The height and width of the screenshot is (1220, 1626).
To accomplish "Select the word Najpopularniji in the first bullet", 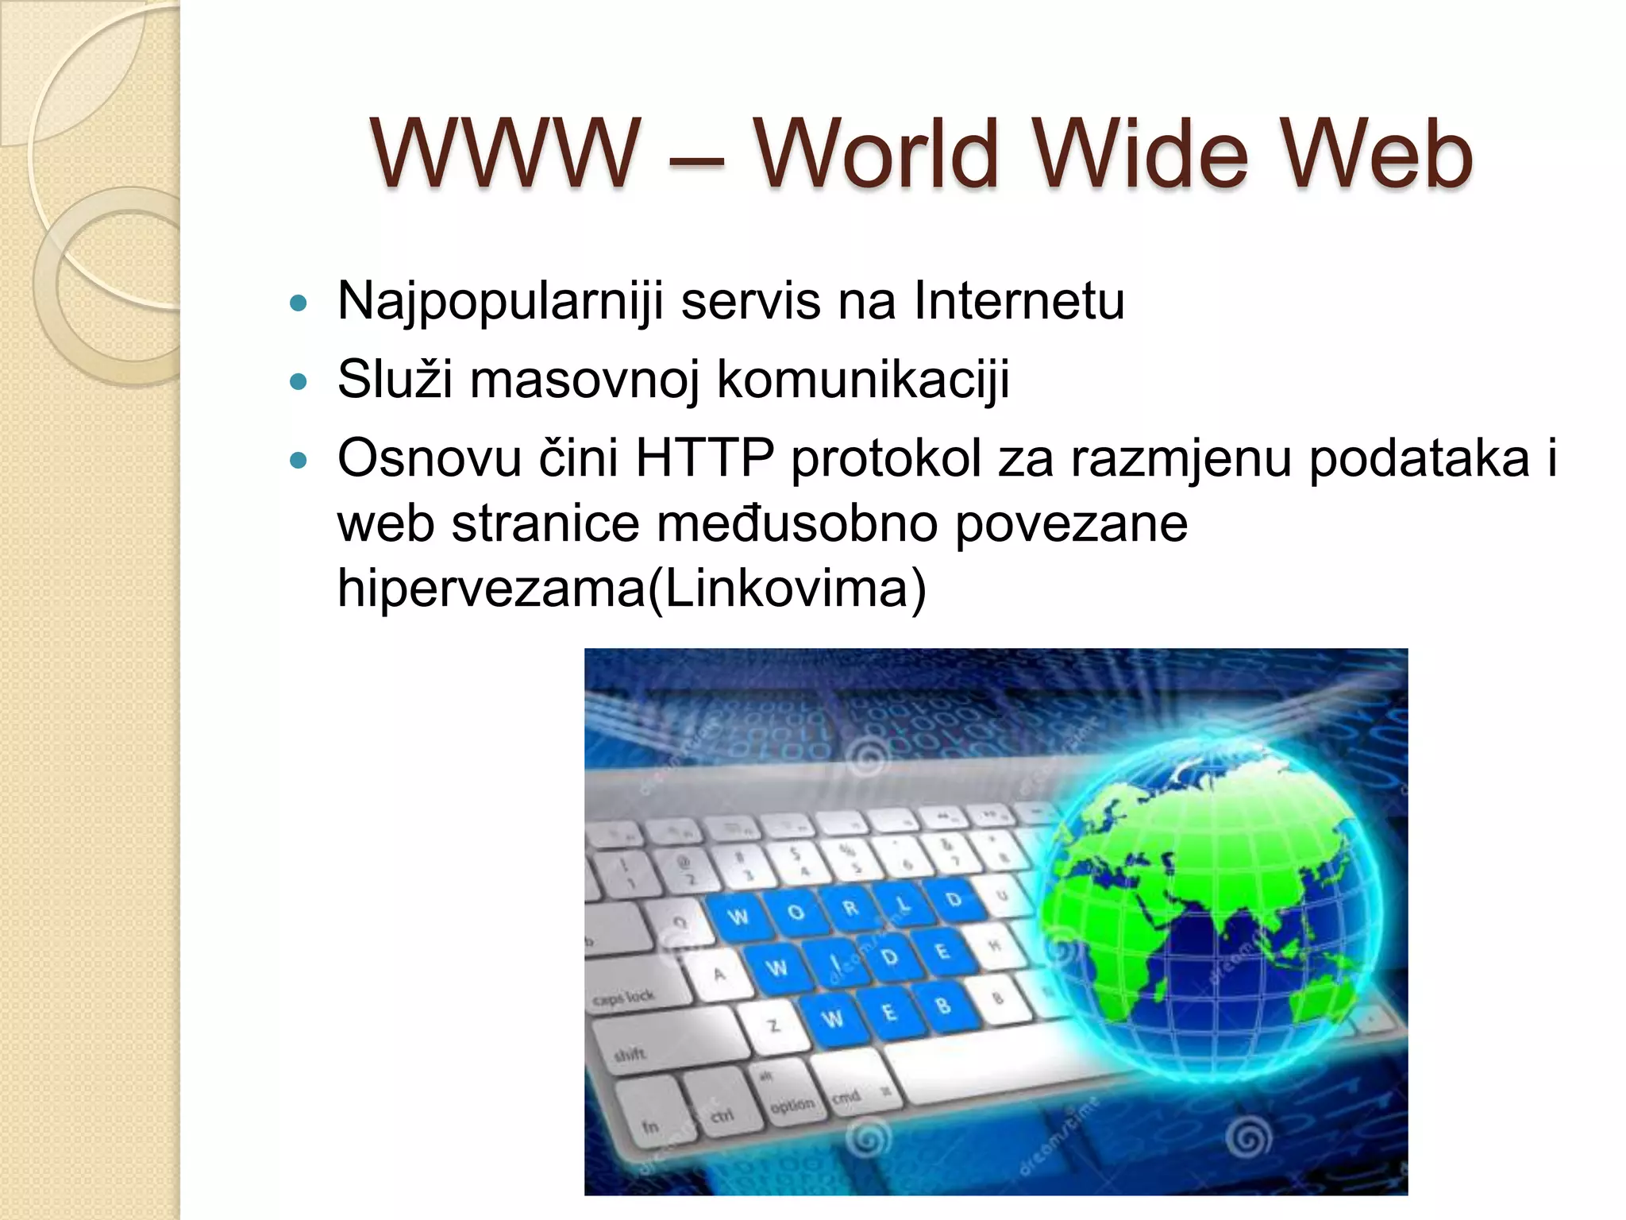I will click(499, 302).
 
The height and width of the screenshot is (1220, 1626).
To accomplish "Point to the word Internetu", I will click(1019, 301).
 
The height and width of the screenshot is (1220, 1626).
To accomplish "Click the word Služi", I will click(395, 379).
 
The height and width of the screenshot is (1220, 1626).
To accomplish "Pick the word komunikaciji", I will click(863, 380).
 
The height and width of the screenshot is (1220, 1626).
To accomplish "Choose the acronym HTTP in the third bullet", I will click(704, 458).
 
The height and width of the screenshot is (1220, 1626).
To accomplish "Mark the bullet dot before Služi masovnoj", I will click(299, 382).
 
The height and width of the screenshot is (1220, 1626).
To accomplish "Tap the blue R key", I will click(850, 907).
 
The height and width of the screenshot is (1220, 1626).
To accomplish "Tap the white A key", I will click(719, 974).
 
